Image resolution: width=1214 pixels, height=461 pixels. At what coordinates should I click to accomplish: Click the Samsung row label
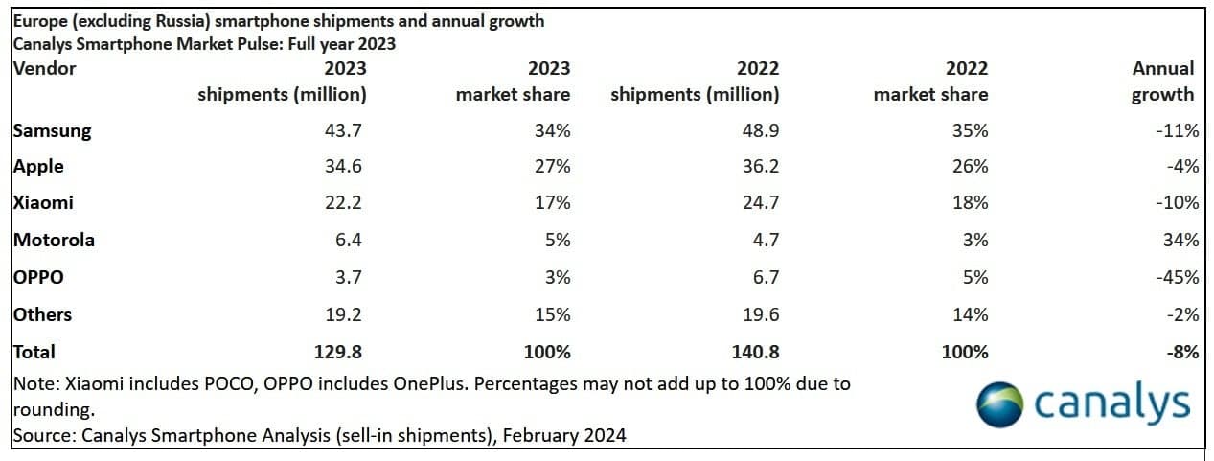tap(53, 131)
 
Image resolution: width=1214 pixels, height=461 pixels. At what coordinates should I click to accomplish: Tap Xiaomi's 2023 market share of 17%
tap(551, 203)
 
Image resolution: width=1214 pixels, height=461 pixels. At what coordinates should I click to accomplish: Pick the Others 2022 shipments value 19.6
tap(760, 314)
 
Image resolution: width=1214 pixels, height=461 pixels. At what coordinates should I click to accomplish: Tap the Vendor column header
tap(45, 68)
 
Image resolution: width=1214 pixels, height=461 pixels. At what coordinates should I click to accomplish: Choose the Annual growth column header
tap(1162, 81)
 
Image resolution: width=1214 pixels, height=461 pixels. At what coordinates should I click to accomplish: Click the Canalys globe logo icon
tap(1000, 403)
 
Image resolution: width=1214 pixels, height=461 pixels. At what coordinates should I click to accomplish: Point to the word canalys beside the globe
tap(1112, 403)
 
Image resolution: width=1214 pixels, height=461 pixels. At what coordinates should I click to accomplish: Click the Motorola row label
tap(55, 240)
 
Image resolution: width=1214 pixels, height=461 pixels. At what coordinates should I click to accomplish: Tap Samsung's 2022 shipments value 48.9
tap(760, 130)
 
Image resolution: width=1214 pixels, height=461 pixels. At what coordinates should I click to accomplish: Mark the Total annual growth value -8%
tap(1182, 352)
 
